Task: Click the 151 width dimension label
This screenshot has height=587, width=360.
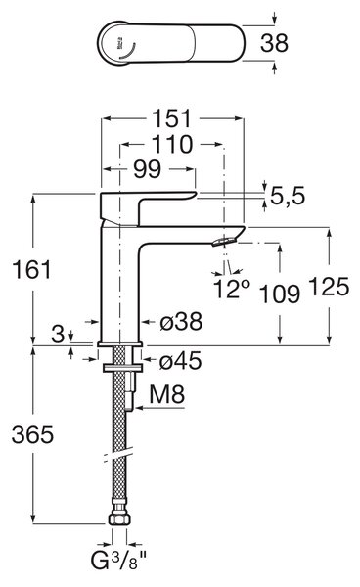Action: pos(172,118)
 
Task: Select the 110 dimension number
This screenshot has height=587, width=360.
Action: pos(172,145)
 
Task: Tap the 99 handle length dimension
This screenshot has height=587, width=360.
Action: pos(148,169)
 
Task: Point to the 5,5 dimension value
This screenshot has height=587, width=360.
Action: pos(288,196)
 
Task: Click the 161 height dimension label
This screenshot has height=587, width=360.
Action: pos(31,270)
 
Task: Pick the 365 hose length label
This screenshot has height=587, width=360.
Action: pos(32,434)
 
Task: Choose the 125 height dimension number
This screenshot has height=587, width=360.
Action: pos(329,287)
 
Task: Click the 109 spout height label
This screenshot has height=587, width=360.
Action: pos(280,293)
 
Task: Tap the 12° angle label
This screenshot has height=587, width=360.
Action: pos(231,289)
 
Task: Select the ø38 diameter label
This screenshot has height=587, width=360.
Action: pos(181,321)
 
